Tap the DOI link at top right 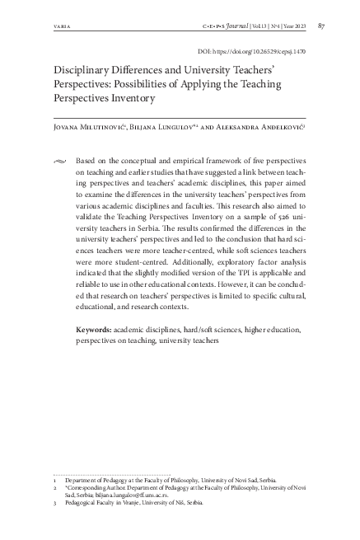click(259, 50)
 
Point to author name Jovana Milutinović click(67, 129)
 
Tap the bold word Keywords click(94, 329)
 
